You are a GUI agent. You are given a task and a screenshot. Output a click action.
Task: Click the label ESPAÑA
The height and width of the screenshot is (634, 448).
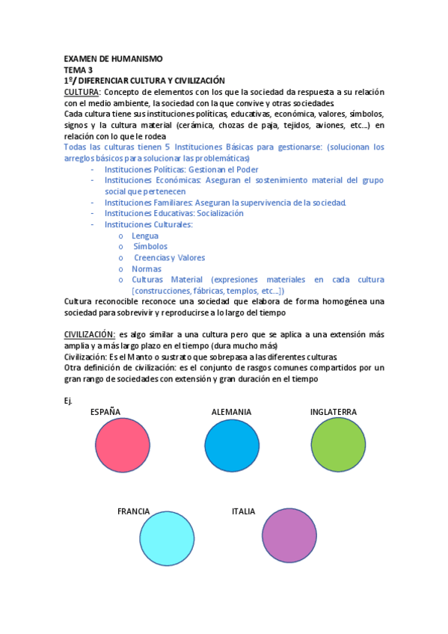(105, 412)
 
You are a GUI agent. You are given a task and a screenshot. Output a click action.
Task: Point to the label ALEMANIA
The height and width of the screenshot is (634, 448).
(231, 412)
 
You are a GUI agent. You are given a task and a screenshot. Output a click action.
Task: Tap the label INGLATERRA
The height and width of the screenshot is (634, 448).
(333, 412)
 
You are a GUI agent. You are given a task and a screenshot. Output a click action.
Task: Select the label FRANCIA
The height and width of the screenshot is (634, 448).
(133, 511)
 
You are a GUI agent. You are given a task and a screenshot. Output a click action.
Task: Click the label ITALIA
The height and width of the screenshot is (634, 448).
(243, 511)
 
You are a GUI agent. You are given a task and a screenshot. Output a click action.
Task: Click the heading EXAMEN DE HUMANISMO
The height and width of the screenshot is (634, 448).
(113, 59)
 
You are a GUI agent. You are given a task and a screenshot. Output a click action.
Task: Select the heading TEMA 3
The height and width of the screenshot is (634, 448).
(79, 70)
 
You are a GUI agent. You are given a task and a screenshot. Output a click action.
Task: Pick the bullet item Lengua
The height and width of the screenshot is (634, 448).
(145, 236)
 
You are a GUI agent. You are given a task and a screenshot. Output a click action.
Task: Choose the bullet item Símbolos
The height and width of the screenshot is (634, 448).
(150, 246)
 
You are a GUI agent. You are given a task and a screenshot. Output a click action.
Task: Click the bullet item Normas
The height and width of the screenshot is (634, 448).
(147, 268)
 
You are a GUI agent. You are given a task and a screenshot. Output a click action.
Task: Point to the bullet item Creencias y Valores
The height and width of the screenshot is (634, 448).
(169, 257)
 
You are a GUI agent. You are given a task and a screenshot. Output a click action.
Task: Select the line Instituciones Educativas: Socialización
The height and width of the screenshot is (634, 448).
(174, 213)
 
